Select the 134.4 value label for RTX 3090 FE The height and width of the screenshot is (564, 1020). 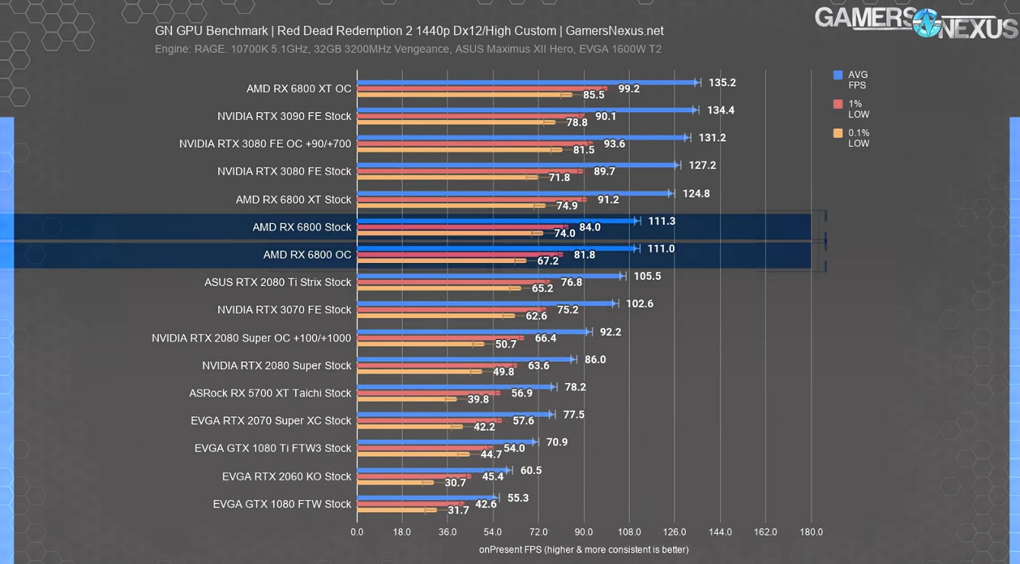720,110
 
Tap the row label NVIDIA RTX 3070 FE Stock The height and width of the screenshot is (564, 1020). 284,310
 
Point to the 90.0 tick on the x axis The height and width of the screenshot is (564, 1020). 583,532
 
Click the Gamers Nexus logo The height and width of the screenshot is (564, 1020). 916,23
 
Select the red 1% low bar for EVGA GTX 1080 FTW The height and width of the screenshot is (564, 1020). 410,504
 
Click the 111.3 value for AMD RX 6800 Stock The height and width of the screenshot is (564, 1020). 662,221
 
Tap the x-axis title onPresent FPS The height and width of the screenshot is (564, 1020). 583,550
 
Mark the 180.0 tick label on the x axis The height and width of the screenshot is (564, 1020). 811,532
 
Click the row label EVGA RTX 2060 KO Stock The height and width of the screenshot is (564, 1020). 287,477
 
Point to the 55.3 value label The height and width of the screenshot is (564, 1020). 518,498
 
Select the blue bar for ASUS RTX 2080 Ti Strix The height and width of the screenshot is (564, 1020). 490,276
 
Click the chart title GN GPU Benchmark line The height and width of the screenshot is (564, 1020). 409,31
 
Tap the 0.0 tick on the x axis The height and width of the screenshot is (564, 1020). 357,532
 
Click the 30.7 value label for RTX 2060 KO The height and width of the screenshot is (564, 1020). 455,483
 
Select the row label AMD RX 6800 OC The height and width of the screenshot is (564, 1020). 307,255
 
